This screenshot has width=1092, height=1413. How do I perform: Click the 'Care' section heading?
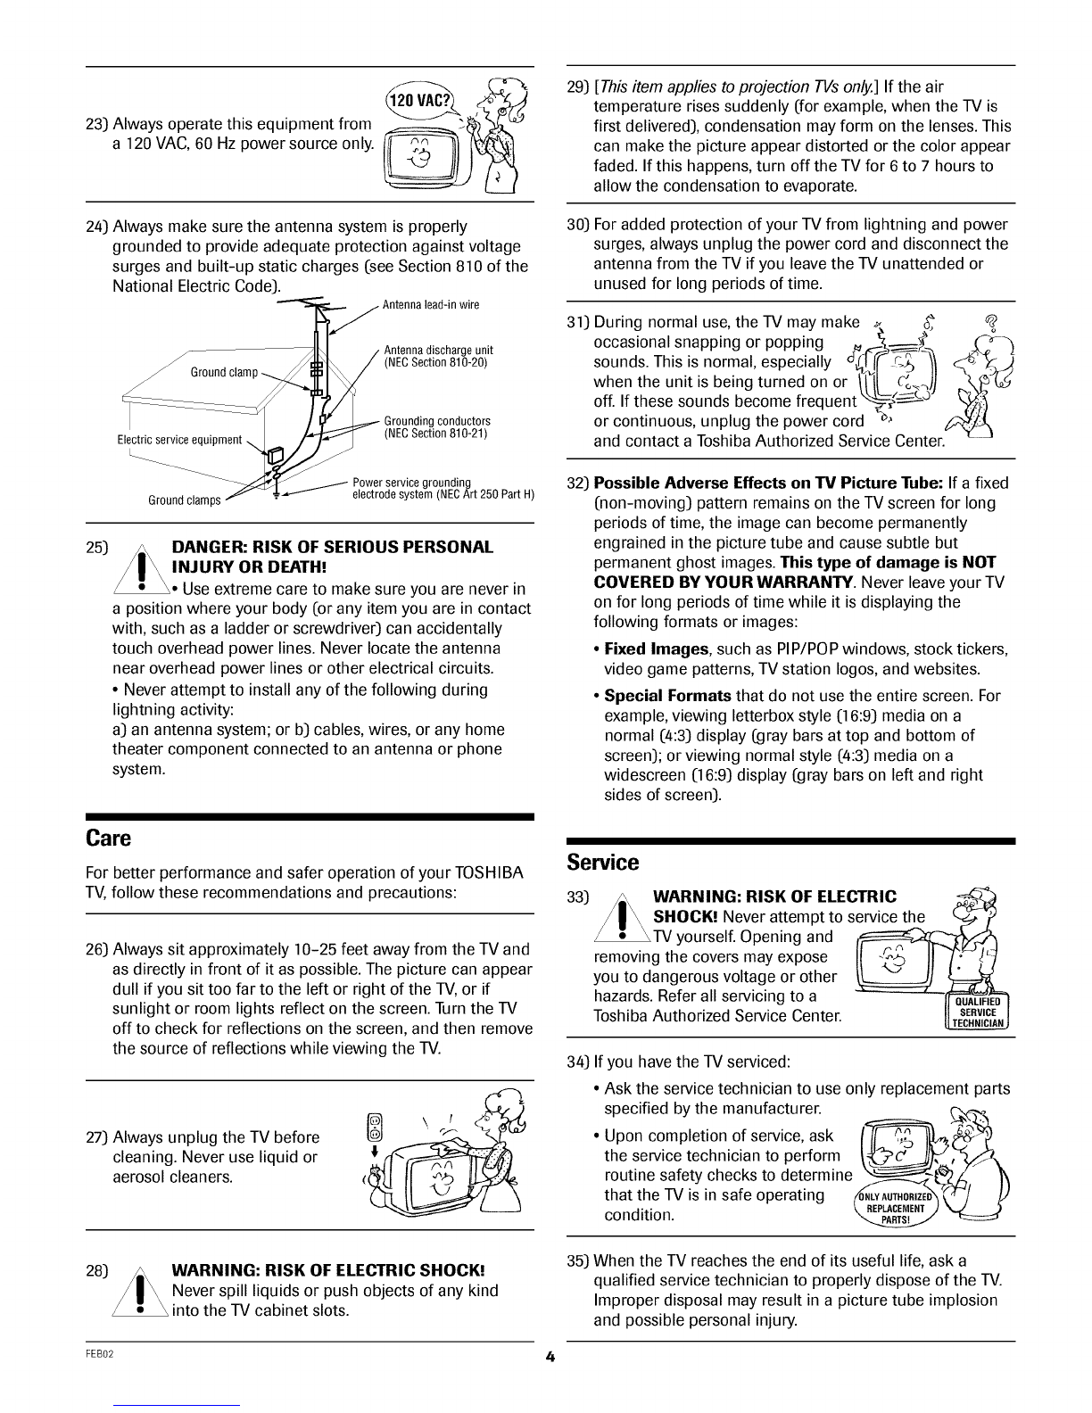pos(108,839)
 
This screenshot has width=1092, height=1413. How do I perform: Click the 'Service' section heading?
pos(603,863)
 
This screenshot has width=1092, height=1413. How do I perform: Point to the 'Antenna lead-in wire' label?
pos(431,305)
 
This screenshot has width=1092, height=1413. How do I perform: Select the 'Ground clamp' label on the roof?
pos(224,371)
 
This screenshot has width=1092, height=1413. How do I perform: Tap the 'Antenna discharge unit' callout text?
pos(437,356)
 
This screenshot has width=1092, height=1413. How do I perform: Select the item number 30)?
pos(575,225)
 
